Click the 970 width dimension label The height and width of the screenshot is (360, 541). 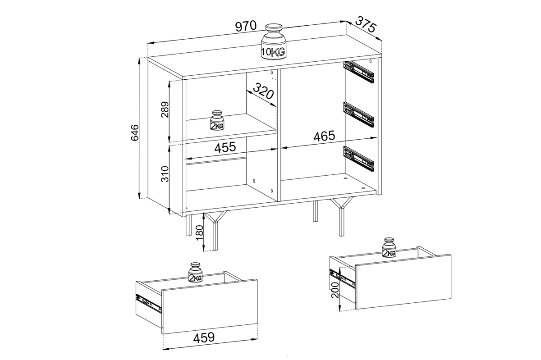pyautogui.click(x=245, y=26)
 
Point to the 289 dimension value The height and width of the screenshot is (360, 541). pyautogui.click(x=165, y=110)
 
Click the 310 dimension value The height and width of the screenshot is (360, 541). pyautogui.click(x=165, y=173)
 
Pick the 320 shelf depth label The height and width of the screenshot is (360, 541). pyautogui.click(x=263, y=92)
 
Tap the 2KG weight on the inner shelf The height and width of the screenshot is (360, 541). pyautogui.click(x=217, y=121)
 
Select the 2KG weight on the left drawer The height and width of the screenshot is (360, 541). pyautogui.click(x=195, y=273)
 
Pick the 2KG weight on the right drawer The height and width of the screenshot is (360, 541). pyautogui.click(x=389, y=248)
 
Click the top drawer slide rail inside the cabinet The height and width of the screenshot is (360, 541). pyautogui.click(x=359, y=72)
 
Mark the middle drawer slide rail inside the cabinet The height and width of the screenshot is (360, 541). pyautogui.click(x=359, y=114)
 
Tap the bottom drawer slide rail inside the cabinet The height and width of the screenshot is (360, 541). pyautogui.click(x=359, y=158)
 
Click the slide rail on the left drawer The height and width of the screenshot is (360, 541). pyautogui.click(x=149, y=303)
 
